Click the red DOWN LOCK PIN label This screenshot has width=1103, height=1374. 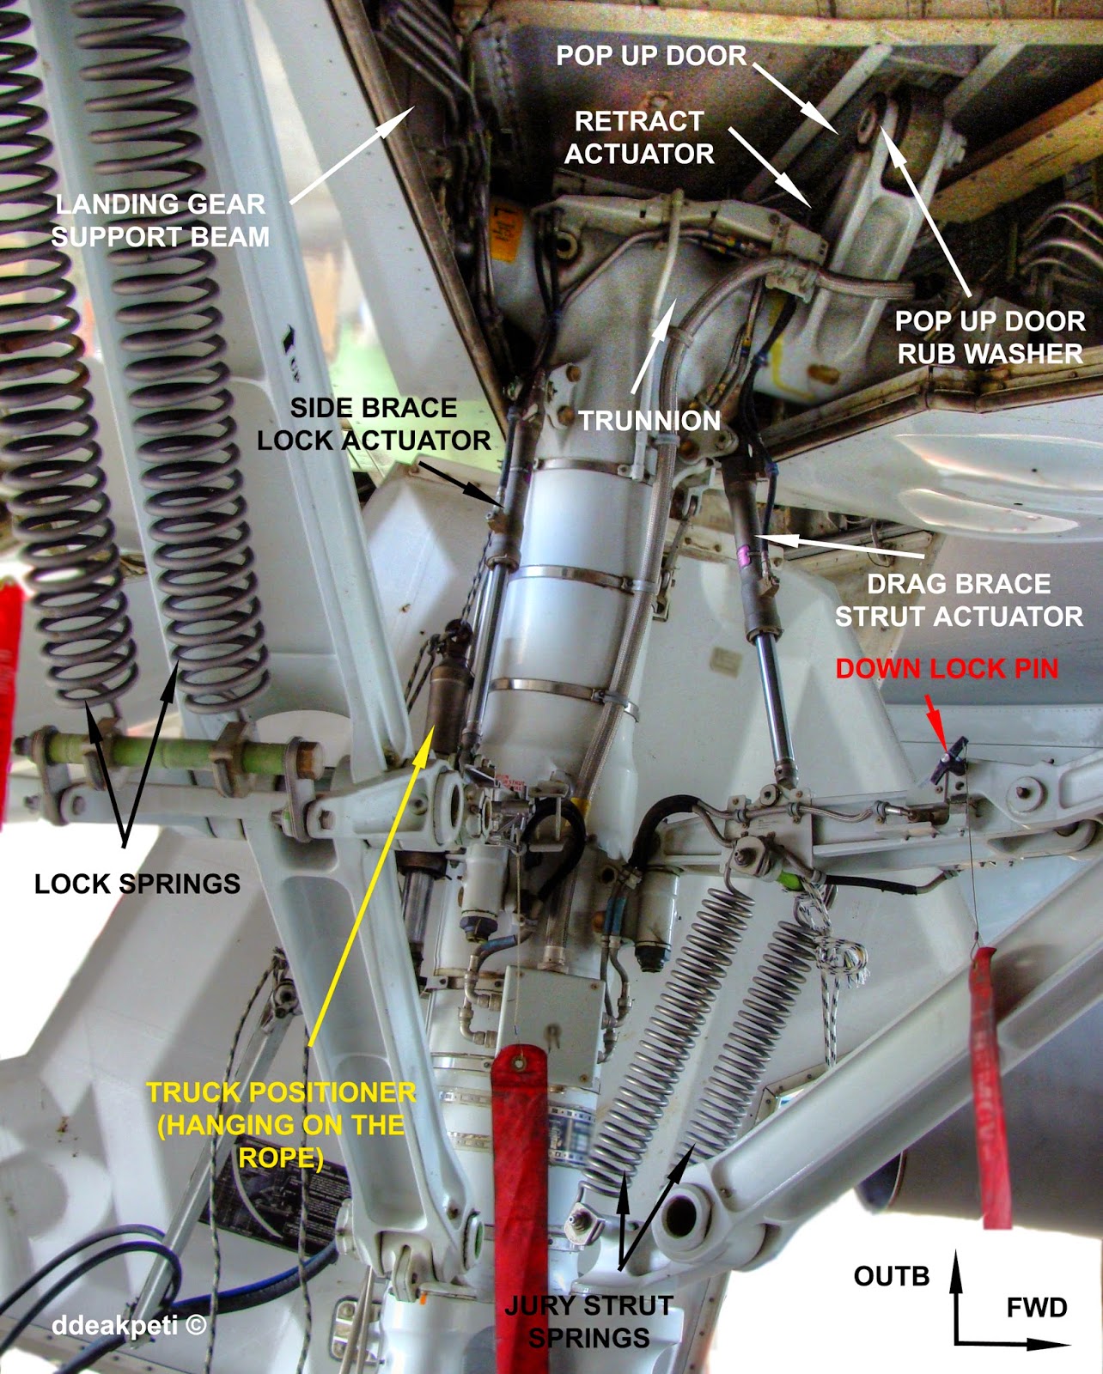(x=948, y=668)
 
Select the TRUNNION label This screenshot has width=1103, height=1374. (x=649, y=421)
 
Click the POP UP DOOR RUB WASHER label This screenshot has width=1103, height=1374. (x=990, y=337)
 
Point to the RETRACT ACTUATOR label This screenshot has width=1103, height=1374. (x=639, y=137)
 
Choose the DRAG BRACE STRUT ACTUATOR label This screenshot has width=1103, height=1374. (x=960, y=600)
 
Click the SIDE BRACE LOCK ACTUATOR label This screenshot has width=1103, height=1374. (x=375, y=424)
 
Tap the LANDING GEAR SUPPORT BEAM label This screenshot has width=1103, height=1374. (x=161, y=221)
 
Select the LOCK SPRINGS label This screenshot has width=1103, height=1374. (x=137, y=884)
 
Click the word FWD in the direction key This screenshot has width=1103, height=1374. (x=1037, y=1308)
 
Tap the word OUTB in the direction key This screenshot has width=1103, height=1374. (x=892, y=1276)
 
